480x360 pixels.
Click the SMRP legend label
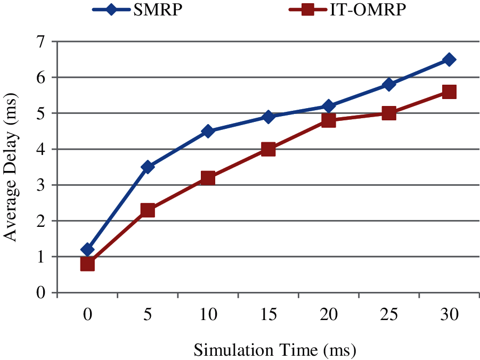(x=162, y=10)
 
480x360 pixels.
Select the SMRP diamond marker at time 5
(x=148, y=167)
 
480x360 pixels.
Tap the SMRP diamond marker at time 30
(x=449, y=59)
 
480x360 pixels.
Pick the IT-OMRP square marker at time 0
(x=87, y=264)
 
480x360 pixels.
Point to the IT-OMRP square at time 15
(x=269, y=149)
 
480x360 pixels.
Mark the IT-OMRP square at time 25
(x=389, y=113)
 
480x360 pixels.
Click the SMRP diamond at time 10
(x=208, y=131)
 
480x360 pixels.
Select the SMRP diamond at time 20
(x=329, y=106)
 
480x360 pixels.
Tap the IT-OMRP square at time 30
(x=449, y=92)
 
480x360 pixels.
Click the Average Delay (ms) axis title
(x=11, y=167)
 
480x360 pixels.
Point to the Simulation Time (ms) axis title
(x=274, y=350)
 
